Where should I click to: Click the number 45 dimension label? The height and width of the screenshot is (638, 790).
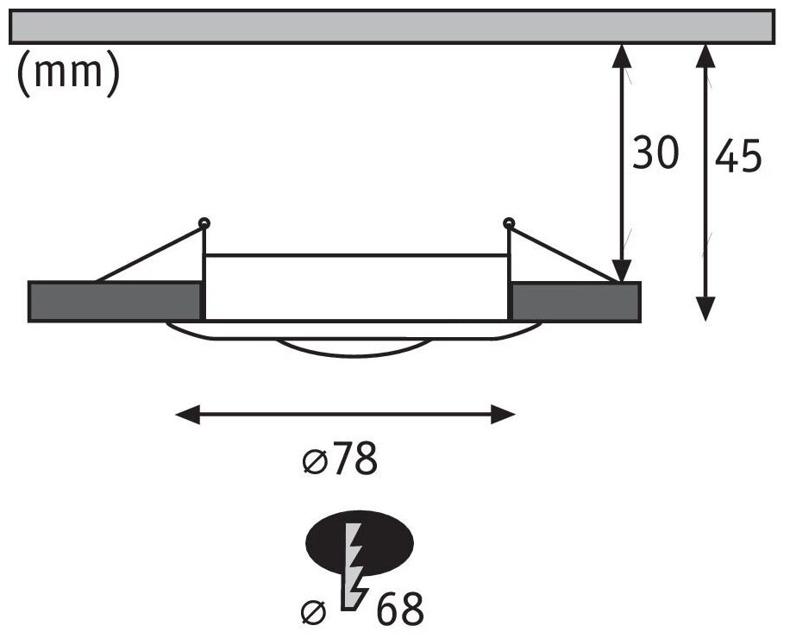point(739,158)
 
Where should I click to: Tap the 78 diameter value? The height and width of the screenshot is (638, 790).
point(354,460)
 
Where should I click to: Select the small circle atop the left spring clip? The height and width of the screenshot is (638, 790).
point(204,224)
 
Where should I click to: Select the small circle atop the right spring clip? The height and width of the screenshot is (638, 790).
point(509,224)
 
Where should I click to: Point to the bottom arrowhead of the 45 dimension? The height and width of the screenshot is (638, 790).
point(705,310)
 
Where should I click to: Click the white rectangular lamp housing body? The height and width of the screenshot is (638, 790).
point(355,287)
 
